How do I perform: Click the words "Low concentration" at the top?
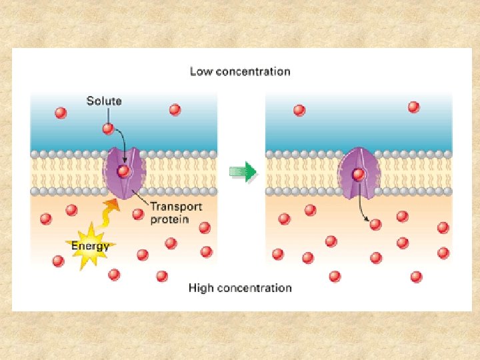240,71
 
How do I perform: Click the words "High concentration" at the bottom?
240,288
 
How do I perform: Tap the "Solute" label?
104,101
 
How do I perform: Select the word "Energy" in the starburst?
90,246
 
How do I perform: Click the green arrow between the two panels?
243,172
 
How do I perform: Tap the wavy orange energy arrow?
106,213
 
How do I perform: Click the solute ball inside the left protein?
123,171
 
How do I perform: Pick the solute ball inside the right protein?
359,175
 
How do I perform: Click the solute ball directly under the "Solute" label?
108,129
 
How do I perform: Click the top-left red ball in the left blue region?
61,113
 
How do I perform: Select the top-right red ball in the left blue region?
175,109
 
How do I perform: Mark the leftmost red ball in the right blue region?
299,110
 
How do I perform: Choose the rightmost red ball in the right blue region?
413,107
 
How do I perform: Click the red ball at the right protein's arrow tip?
375,224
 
